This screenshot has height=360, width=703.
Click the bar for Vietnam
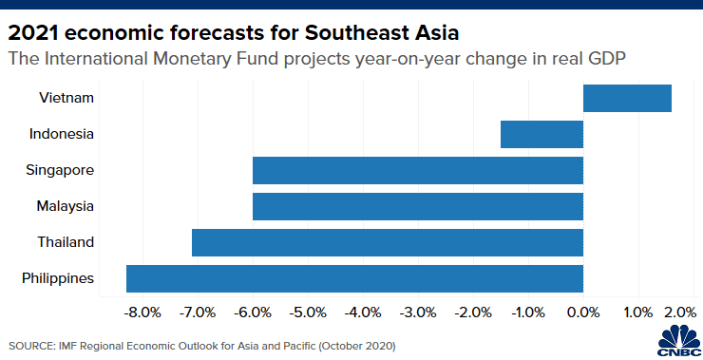click(627, 98)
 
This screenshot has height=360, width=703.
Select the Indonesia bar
click(541, 134)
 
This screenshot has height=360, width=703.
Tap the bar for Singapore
click(417, 170)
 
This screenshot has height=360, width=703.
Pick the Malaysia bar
click(417, 206)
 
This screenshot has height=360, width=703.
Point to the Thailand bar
click(387, 242)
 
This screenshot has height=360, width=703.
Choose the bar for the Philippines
click(354, 278)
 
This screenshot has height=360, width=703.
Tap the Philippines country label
click(57, 278)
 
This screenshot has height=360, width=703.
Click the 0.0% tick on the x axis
click(583, 312)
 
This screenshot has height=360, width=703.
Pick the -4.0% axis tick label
click(363, 312)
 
